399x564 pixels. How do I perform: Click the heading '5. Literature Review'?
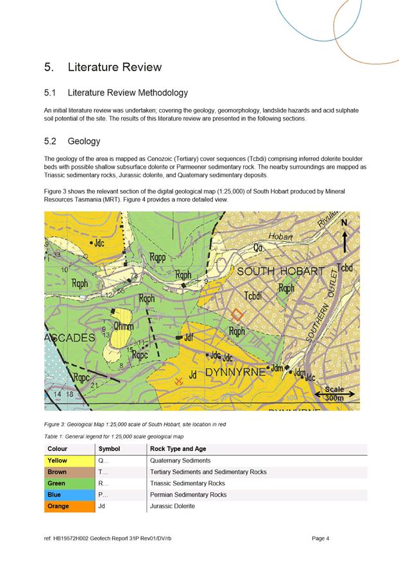103,67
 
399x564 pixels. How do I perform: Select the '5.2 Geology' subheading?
72,141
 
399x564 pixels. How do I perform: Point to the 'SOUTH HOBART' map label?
281,272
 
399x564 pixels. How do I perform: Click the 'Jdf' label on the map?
189,336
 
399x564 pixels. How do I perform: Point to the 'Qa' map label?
258,247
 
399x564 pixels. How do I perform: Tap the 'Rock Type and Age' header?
178,449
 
